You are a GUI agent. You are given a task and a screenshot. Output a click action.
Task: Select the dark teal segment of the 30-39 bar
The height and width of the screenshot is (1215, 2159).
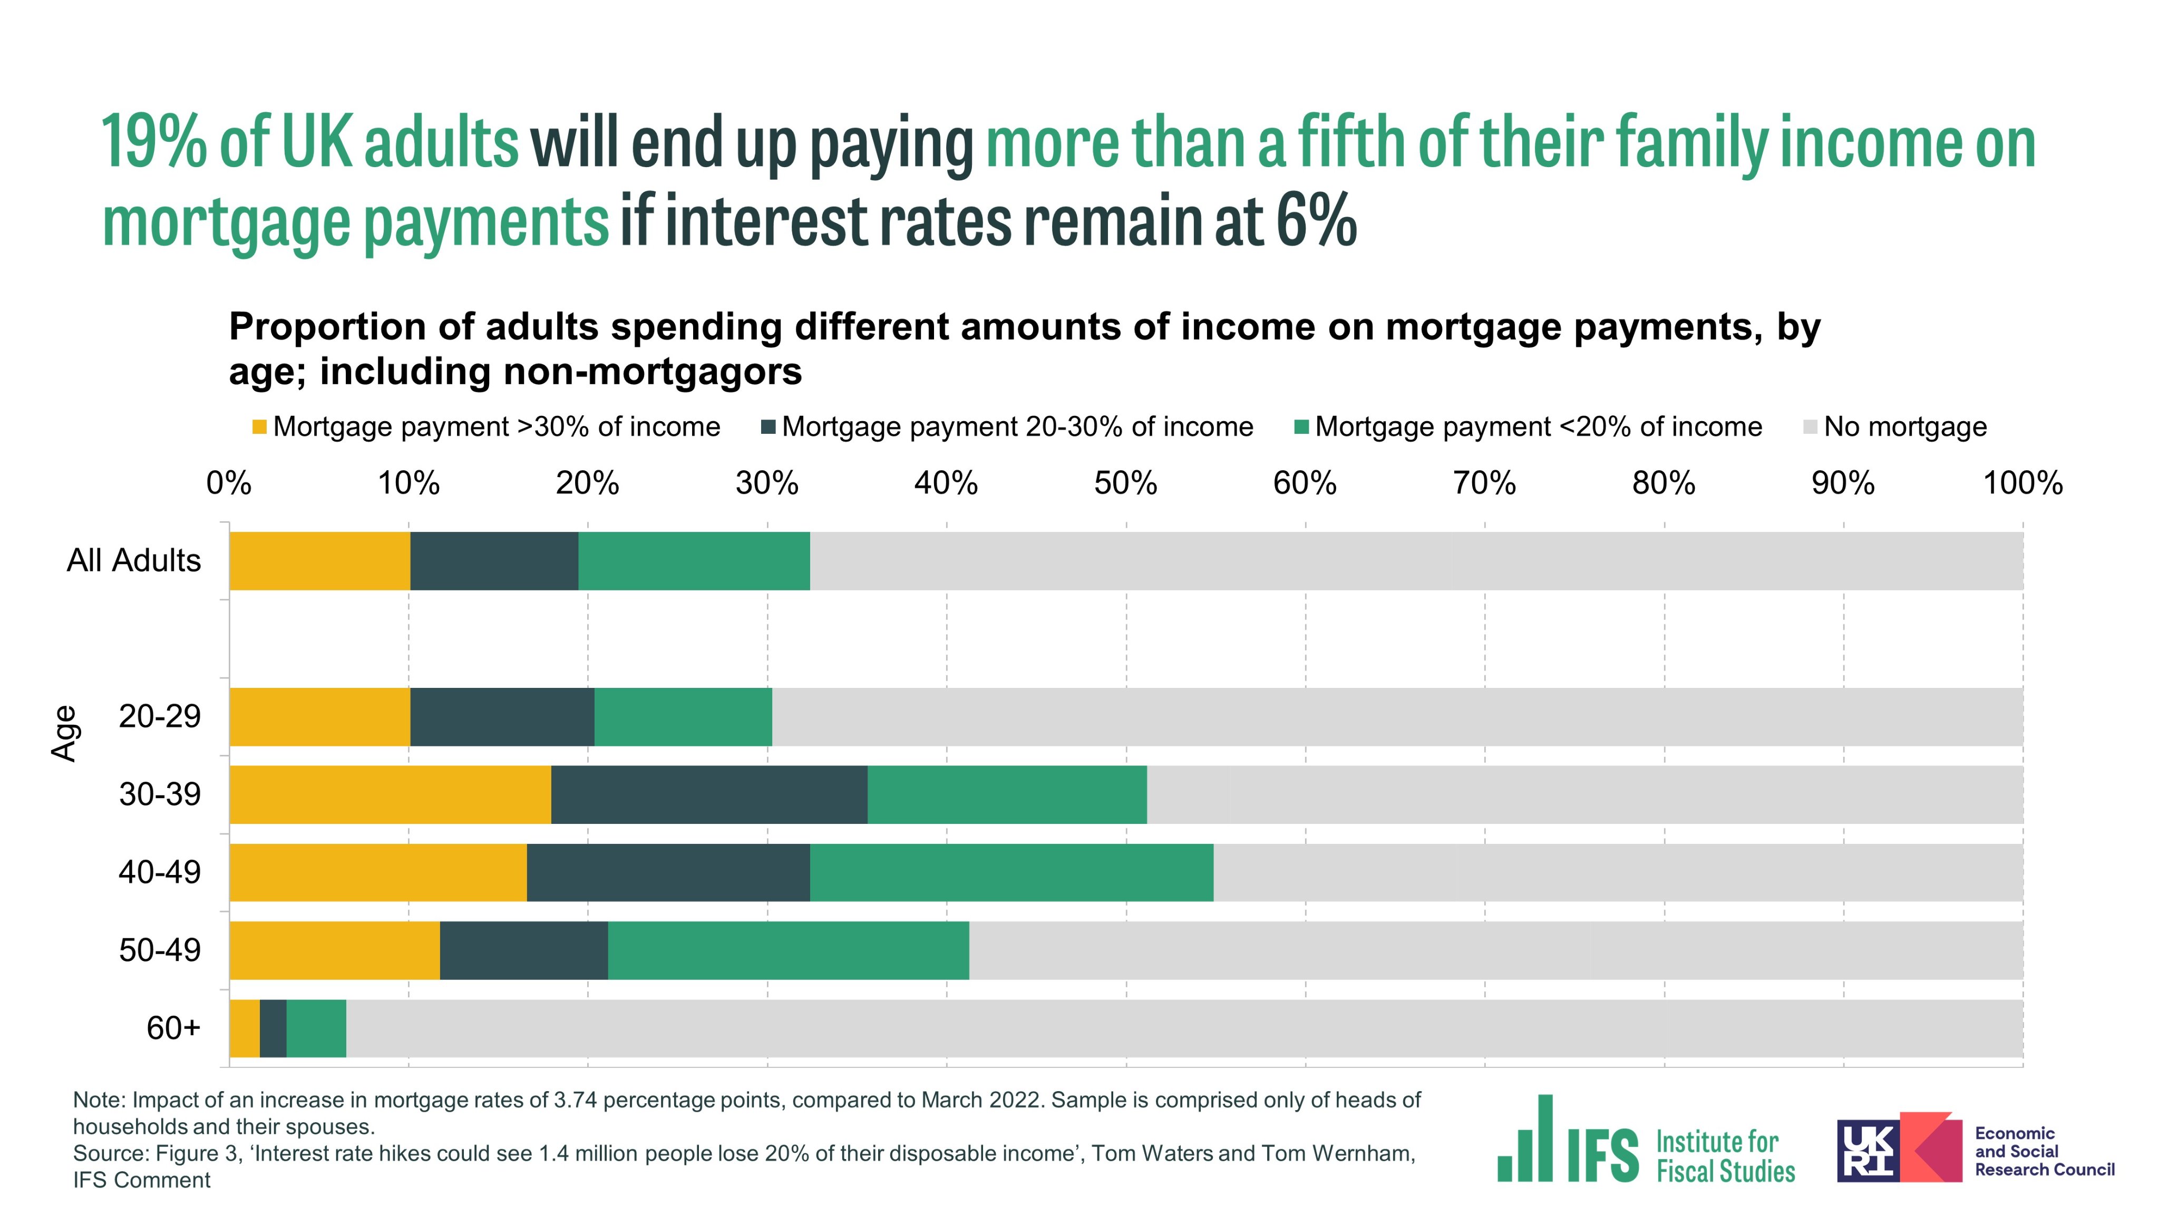709,794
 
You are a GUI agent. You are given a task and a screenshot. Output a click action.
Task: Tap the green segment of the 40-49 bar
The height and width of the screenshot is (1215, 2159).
1012,872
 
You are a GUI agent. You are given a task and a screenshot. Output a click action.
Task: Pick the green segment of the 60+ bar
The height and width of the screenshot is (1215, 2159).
316,1028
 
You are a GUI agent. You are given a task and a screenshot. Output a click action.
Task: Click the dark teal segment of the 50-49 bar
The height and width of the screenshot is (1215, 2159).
524,950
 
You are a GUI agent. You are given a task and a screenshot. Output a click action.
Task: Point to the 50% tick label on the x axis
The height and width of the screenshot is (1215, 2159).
1125,483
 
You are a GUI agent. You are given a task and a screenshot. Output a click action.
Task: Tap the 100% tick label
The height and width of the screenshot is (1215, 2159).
2021,483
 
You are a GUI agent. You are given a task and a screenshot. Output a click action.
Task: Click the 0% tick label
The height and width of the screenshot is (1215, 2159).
229,483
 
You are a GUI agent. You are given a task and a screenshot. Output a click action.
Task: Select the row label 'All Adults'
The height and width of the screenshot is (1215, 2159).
134,560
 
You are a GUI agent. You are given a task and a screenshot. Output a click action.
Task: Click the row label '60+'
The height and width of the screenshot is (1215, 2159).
173,1028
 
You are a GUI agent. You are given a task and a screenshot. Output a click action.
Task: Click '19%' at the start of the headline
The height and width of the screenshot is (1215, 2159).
154,142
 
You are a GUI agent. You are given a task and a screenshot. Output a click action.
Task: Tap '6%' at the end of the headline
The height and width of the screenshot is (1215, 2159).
1316,221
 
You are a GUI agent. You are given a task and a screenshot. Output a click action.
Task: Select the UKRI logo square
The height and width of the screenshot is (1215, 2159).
1868,1151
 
